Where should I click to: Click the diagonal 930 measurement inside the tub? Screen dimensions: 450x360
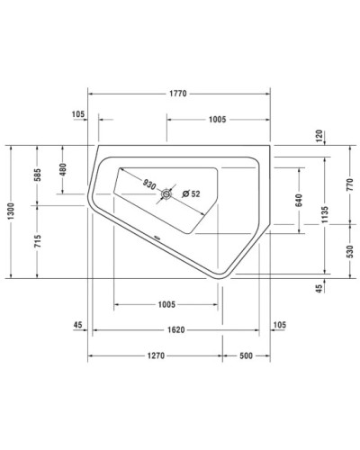[149, 183]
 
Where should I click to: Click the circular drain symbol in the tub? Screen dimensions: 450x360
[166, 193]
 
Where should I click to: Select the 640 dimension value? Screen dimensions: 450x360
[298, 202]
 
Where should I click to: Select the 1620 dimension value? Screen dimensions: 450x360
[176, 330]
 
